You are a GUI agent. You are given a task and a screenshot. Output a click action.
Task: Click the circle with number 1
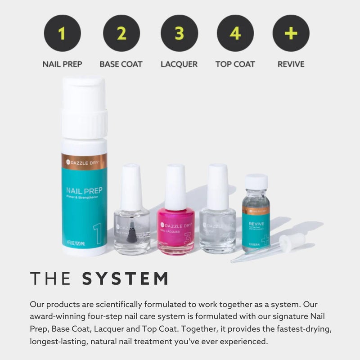62,33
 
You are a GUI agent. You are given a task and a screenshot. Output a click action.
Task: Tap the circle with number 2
121,33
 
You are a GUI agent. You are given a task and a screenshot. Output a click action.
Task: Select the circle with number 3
179,33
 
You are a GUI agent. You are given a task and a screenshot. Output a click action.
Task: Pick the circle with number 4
235,33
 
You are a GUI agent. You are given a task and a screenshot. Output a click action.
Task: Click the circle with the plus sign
291,33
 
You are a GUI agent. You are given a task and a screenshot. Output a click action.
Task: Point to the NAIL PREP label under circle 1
62,64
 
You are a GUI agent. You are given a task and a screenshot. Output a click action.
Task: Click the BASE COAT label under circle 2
121,64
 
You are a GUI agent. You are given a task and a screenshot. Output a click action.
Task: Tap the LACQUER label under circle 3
179,64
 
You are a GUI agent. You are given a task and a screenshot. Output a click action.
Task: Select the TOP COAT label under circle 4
235,64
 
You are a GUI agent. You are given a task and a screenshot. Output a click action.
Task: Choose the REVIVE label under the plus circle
291,64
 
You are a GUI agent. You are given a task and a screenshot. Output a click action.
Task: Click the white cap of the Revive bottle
256,181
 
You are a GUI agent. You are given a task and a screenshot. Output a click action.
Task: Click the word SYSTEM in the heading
126,279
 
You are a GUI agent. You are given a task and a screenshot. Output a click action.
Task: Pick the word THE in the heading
50,279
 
